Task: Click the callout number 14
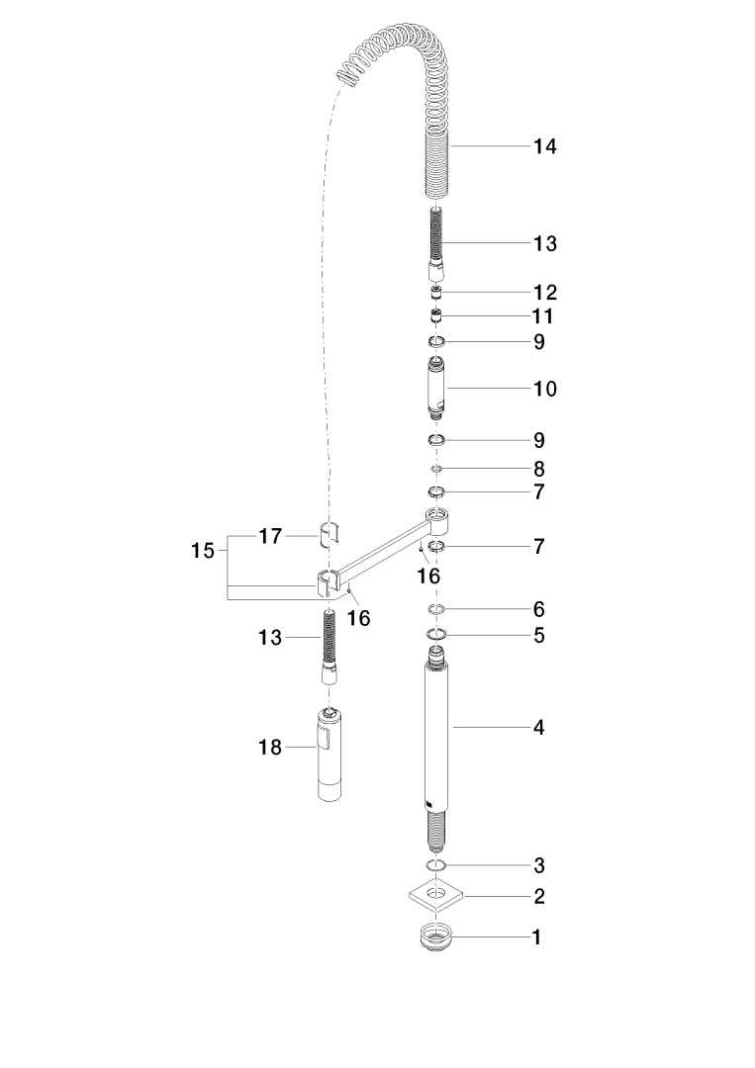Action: click(x=544, y=146)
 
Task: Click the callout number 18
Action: click(x=270, y=748)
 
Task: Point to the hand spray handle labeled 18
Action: click(x=330, y=754)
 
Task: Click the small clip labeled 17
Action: click(x=330, y=535)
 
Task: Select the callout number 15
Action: click(x=203, y=551)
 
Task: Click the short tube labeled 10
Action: click(x=436, y=387)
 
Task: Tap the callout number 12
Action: click(x=544, y=293)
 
